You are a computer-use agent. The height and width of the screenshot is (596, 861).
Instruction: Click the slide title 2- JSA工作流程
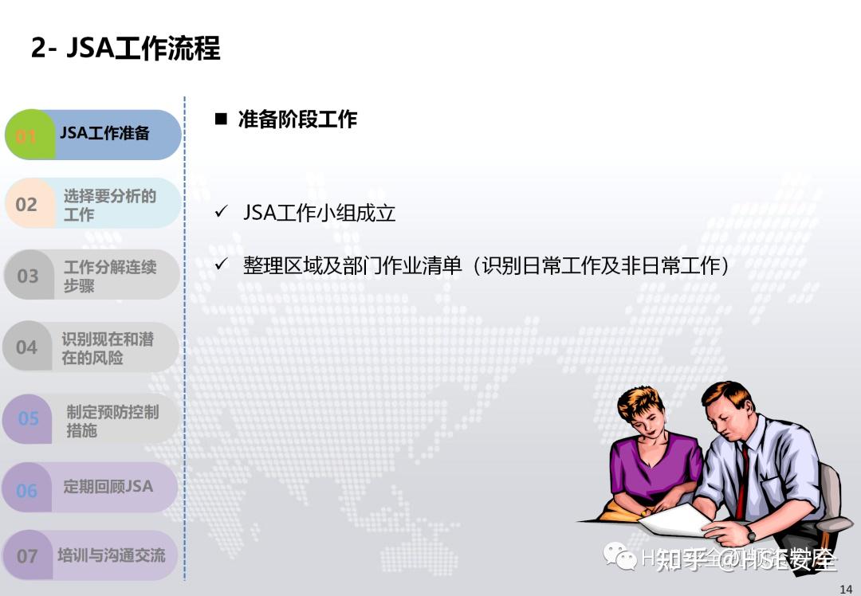(x=125, y=48)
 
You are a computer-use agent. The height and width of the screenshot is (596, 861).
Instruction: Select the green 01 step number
(x=27, y=135)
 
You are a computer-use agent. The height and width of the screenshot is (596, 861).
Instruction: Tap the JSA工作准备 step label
(x=105, y=133)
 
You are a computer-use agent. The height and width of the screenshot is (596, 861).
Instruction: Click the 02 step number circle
(x=26, y=204)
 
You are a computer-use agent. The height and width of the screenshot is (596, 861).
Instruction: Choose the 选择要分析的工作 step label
(x=109, y=205)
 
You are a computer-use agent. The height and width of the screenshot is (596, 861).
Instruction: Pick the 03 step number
(x=27, y=276)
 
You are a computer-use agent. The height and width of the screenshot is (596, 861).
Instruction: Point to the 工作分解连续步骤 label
(x=109, y=276)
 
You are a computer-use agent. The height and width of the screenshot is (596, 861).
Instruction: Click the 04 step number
(x=27, y=347)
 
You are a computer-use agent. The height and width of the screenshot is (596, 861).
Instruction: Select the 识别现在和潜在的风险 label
(x=108, y=348)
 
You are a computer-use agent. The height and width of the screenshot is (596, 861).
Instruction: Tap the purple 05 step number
(x=28, y=418)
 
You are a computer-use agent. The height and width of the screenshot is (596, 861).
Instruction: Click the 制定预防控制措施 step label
(x=112, y=421)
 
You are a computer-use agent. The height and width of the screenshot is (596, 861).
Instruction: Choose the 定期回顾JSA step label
(x=108, y=486)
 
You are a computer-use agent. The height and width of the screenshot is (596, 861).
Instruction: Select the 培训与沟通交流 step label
(x=111, y=555)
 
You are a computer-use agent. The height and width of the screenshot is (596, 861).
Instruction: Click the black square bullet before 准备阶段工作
(x=221, y=120)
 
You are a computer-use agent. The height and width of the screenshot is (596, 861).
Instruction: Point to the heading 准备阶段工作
(x=297, y=120)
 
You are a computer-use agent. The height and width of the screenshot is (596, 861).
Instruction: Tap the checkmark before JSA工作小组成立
(x=222, y=213)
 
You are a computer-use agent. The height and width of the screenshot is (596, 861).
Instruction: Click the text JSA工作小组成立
(x=319, y=213)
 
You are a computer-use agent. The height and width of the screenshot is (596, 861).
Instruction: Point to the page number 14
(x=846, y=589)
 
